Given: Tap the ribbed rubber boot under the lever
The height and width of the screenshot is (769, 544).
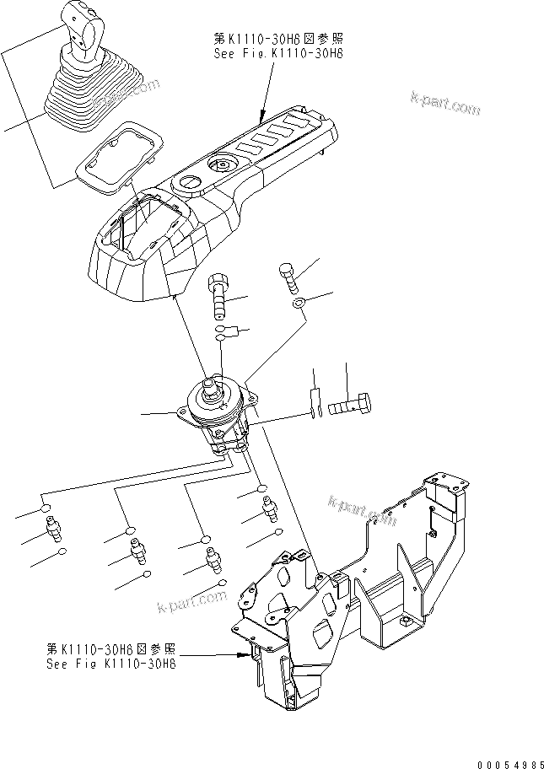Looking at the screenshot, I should (x=85, y=94).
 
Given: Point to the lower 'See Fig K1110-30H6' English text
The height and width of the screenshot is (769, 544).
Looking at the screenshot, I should (x=112, y=664).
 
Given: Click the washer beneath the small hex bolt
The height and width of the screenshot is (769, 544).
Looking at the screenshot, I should (x=298, y=302).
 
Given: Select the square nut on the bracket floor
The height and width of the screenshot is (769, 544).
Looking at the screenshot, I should (x=407, y=622).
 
